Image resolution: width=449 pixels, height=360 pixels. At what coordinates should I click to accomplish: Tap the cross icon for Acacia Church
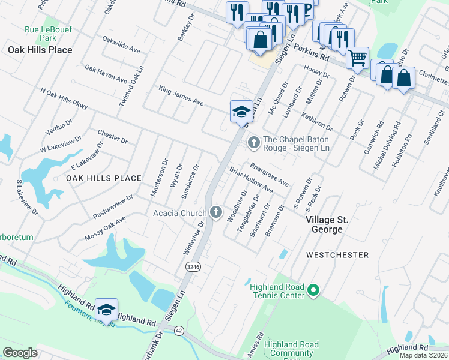[216, 212]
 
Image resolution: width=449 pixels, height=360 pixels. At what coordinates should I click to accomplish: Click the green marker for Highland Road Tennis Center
[312, 291]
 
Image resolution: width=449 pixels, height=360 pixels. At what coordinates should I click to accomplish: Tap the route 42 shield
[179, 331]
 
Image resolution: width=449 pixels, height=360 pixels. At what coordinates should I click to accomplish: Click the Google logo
[20, 353]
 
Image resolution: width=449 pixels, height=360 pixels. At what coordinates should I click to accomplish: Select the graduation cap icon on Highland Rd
[106, 310]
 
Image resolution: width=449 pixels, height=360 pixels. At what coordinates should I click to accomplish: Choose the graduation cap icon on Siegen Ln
[241, 111]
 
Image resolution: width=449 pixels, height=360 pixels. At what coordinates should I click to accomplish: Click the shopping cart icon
[357, 58]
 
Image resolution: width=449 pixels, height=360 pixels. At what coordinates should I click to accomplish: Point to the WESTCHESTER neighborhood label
[337, 255]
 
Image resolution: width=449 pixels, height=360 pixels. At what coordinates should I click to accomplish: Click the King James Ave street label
[181, 95]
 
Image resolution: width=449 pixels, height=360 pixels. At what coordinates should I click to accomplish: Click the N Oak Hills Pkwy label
[64, 99]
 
